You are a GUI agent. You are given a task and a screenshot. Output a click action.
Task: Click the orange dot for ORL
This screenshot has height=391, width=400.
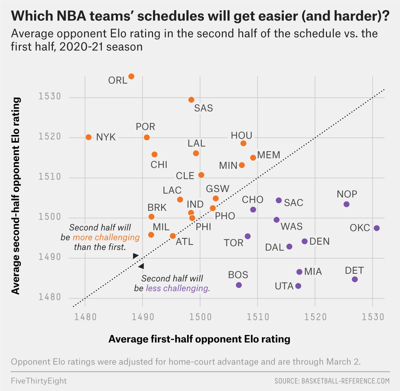coord(131,77)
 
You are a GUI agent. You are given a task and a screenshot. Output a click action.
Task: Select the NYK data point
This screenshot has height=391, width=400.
coord(89,137)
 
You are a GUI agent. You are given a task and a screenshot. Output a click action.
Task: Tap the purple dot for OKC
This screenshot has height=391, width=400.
coord(376,228)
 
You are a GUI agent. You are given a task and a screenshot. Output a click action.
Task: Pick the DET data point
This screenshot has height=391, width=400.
coord(355,279)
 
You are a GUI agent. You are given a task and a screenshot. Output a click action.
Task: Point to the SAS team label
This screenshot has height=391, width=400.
coord(203,108)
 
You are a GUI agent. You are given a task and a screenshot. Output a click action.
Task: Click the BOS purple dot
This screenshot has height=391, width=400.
coord(239,285)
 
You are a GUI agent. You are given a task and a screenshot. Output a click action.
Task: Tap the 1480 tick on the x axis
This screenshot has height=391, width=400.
coord(85,317)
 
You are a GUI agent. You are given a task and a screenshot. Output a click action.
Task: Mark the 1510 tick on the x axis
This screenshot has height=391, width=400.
coord(257,317)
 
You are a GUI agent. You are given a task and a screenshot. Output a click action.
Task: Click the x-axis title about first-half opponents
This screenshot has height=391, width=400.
coord(199,339)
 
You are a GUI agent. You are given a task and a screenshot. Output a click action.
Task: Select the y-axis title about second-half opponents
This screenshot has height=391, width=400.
coord(16,196)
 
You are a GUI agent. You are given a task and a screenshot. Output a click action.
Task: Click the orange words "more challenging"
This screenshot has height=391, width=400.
coord(106,238)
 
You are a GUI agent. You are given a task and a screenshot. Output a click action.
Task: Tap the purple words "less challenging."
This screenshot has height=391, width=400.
coord(178,288)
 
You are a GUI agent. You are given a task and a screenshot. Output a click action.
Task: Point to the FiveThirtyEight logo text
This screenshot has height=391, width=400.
coord(39,381)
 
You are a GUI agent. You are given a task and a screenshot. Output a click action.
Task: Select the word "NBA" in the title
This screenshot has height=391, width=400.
coord(74,16)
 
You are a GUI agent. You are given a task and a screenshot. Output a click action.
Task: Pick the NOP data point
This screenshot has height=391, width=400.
coord(346,204)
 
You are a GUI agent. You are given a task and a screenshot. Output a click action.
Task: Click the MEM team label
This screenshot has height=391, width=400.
coord(269,155)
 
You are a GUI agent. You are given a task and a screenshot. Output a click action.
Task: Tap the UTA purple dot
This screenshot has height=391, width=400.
coord(298,286)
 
